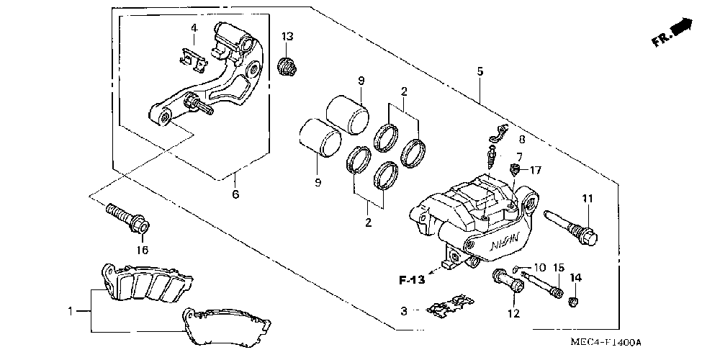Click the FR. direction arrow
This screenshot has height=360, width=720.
[672, 32]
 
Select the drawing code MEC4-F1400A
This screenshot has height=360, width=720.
[606, 343]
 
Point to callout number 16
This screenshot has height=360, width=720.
[142, 250]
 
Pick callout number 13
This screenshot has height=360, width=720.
[287, 36]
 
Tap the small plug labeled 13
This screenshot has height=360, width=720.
[287, 67]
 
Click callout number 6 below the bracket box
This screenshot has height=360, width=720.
[235, 194]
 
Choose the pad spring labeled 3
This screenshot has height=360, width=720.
[449, 306]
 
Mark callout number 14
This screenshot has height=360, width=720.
[576, 277]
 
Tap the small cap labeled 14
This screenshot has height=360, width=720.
[573, 302]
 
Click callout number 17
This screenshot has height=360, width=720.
[536, 171]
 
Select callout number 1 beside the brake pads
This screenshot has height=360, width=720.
[71, 311]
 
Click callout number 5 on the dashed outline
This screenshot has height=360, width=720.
[480, 71]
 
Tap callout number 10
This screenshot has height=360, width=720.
[539, 267]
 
